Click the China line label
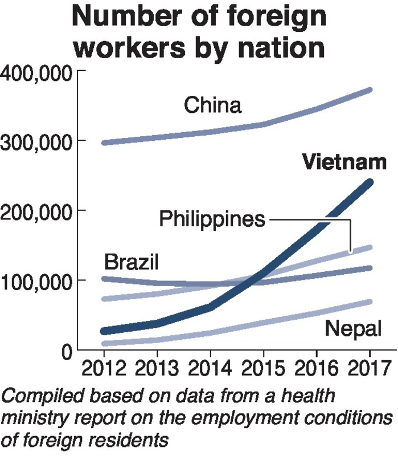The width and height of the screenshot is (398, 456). (214, 106)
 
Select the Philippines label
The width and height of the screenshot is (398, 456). (212, 218)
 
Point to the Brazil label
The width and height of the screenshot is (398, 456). (131, 263)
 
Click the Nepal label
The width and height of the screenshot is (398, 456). (352, 329)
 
